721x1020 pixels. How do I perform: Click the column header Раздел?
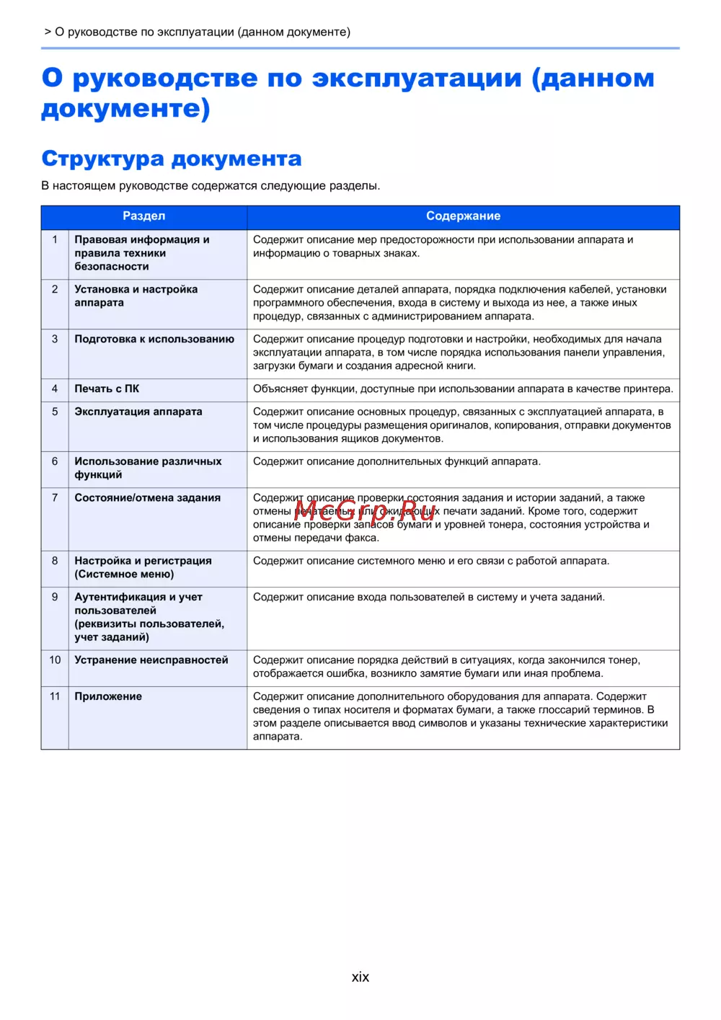143,216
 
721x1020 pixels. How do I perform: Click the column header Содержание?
463,216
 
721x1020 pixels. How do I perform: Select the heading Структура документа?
172,159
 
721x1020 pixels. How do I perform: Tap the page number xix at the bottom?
360,977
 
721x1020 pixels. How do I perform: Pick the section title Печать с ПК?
107,389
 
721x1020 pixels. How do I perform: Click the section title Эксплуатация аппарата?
138,412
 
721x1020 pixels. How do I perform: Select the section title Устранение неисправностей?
151,660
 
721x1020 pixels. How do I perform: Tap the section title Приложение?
108,697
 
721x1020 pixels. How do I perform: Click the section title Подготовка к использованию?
154,340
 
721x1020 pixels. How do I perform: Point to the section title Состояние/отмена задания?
148,498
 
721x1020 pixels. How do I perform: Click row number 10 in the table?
55,660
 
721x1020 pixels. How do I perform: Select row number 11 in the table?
55,697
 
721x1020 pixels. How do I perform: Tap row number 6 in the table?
55,462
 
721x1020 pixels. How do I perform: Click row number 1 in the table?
55,240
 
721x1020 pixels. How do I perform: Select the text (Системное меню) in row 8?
124,575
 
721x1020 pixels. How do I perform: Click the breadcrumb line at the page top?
198,32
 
